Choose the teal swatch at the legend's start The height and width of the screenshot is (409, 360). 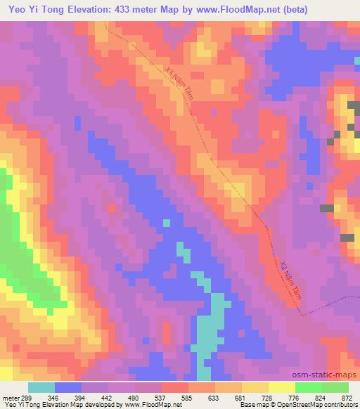tap(41, 387)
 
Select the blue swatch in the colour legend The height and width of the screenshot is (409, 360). tap(68, 387)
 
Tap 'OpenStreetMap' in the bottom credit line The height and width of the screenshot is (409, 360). tap(302, 404)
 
